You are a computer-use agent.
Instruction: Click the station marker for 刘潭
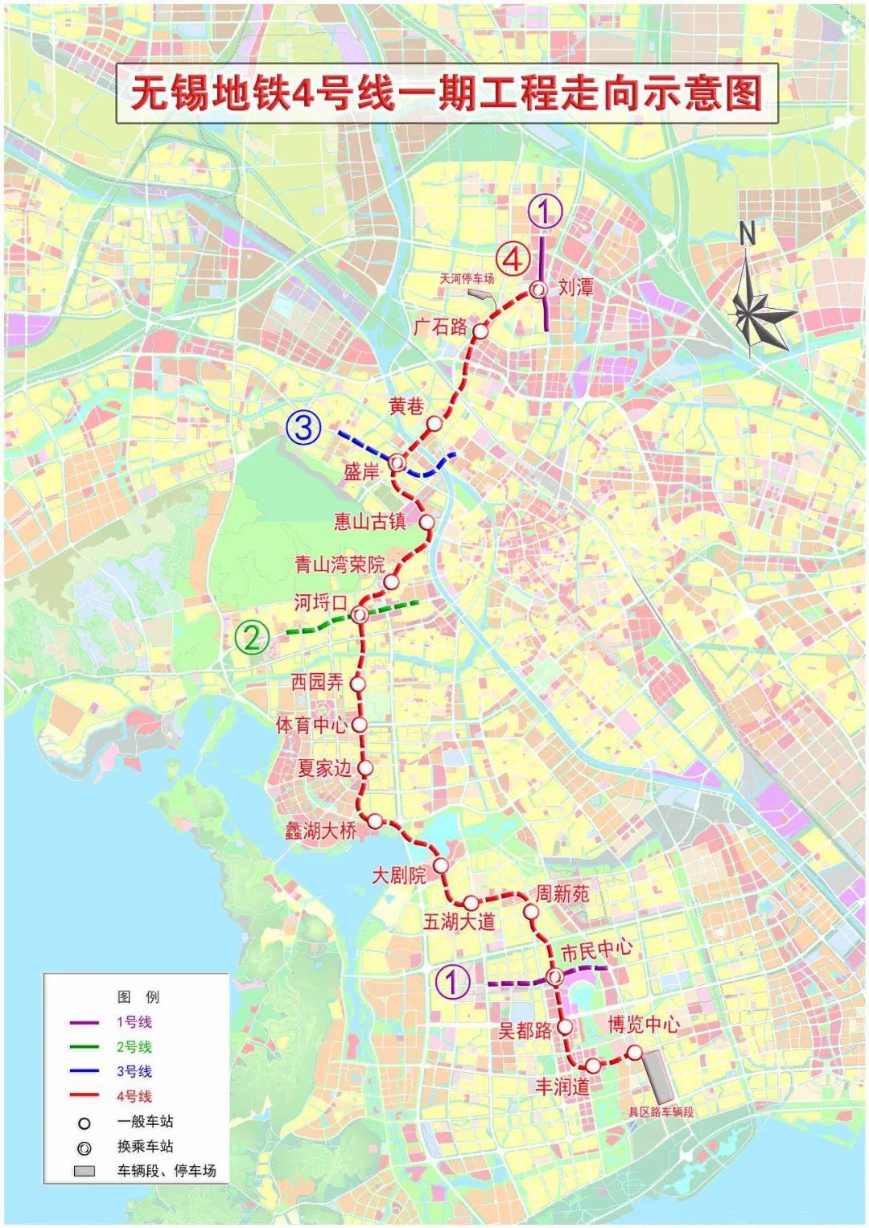pyautogui.click(x=537, y=290)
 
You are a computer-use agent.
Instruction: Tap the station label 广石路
pyautogui.click(x=440, y=326)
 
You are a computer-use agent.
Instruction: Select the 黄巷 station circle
pyautogui.click(x=434, y=423)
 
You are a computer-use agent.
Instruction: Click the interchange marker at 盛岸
pyautogui.click(x=397, y=462)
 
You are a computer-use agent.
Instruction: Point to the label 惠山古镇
pyautogui.click(x=370, y=521)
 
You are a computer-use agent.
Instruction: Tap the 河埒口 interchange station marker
pyautogui.click(x=360, y=614)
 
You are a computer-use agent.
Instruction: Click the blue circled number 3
pyautogui.click(x=303, y=427)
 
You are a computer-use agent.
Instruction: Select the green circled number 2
pyautogui.click(x=252, y=638)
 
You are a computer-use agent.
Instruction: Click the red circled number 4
pyautogui.click(x=513, y=260)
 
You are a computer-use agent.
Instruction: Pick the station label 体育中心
pyautogui.click(x=311, y=725)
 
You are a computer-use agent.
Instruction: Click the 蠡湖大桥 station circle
pyautogui.click(x=374, y=821)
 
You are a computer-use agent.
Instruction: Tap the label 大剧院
pyautogui.click(x=398, y=875)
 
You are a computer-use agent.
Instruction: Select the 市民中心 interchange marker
pyautogui.click(x=555, y=977)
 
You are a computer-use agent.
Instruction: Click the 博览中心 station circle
pyautogui.click(x=635, y=1052)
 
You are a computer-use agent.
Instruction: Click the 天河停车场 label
pyautogui.click(x=467, y=278)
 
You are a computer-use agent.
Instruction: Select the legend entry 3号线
pyautogui.click(x=134, y=1071)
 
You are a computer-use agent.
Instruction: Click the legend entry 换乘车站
pyautogui.click(x=145, y=1146)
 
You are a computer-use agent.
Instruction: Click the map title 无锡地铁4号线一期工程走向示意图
pyautogui.click(x=447, y=93)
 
